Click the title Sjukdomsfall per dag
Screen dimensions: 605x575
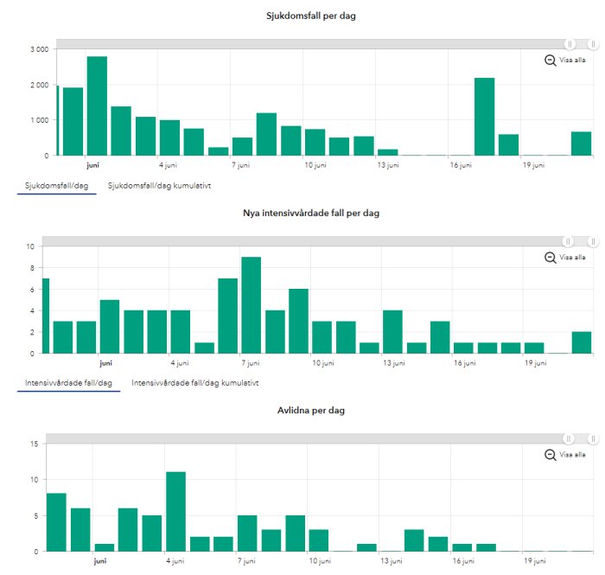310,16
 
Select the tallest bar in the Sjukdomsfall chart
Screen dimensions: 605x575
97,106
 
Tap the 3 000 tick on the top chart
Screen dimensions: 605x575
40,49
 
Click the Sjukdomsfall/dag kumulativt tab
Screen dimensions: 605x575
159,186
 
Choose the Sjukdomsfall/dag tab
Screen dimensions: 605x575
57,186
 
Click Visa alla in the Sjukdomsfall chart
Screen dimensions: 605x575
572,60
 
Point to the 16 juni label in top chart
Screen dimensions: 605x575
461,165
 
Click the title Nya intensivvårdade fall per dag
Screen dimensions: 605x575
311,214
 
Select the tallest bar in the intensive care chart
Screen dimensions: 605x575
252,305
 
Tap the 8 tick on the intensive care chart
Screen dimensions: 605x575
32,268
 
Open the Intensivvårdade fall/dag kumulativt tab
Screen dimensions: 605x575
194,383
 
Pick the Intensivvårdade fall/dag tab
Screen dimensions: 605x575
68,383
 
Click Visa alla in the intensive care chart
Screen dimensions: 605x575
572,257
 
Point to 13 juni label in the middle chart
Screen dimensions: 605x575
394,363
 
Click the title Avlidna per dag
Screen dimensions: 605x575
311,410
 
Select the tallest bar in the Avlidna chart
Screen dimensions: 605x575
176,512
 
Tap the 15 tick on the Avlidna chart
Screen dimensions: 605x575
35,444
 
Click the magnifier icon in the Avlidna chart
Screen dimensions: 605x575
551,455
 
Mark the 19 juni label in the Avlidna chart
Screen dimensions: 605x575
535,560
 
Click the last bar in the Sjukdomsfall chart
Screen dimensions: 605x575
581,144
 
